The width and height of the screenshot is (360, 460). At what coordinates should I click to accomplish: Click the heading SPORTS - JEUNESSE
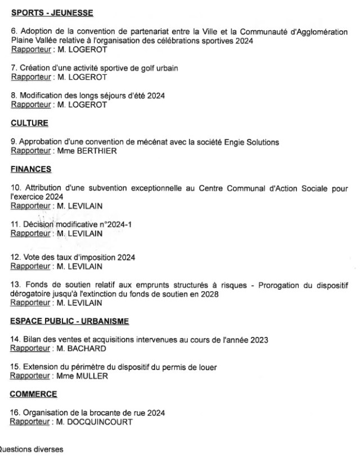pyautogui.click(x=52, y=13)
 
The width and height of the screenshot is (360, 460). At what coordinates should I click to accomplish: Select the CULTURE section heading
pyautogui.click(x=30, y=123)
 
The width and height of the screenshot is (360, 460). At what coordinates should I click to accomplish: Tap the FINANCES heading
pyautogui.click(x=31, y=169)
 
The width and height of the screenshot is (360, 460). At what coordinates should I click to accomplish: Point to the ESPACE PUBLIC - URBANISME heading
pyautogui.click(x=70, y=321)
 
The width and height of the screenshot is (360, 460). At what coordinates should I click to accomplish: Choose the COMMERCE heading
pyautogui.click(x=34, y=394)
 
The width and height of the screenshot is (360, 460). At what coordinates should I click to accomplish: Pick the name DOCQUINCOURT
pyautogui.click(x=100, y=422)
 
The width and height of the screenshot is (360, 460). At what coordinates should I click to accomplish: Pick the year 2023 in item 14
pyautogui.click(x=259, y=340)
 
